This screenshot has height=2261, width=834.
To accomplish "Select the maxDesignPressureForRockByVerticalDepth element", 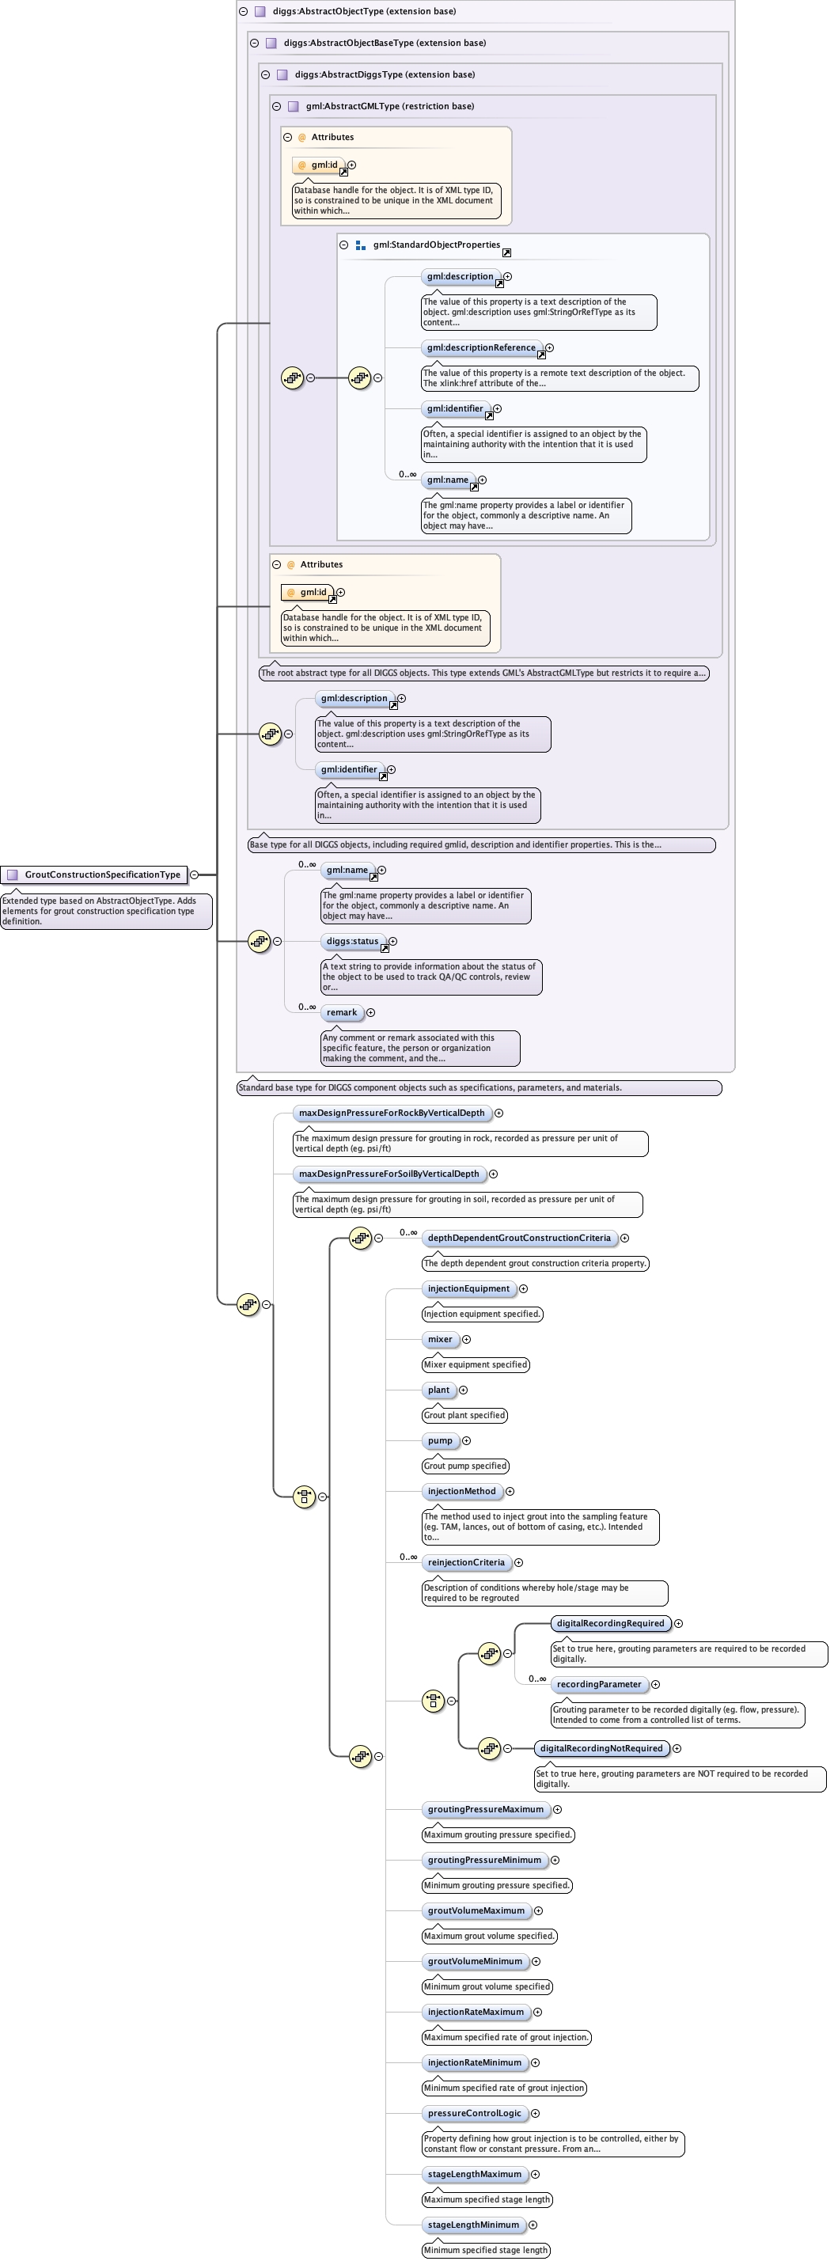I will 392,1113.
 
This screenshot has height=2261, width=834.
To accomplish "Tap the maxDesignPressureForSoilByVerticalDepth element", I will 389,1174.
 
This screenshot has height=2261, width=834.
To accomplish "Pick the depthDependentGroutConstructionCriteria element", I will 519,1238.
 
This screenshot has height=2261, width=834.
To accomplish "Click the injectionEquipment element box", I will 468,1288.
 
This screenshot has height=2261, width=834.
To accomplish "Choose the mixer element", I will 440,1339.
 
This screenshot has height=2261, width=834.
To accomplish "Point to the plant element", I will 438,1390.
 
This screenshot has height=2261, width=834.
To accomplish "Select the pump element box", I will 440,1440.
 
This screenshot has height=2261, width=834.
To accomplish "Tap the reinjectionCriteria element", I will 466,1562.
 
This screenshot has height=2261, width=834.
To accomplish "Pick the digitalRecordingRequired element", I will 610,1623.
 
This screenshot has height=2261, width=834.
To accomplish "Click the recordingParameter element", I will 599,1684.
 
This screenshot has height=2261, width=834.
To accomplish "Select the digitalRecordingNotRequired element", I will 601,1748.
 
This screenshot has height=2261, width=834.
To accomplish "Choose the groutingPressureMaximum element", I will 486,1809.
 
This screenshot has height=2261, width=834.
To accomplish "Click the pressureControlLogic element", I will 474,2113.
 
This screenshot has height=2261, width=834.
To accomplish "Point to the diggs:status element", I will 352,941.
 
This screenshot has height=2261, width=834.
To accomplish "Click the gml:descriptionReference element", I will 481,347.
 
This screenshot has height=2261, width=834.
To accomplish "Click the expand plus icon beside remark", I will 370,1012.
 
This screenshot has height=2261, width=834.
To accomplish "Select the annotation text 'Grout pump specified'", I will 465,1466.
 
